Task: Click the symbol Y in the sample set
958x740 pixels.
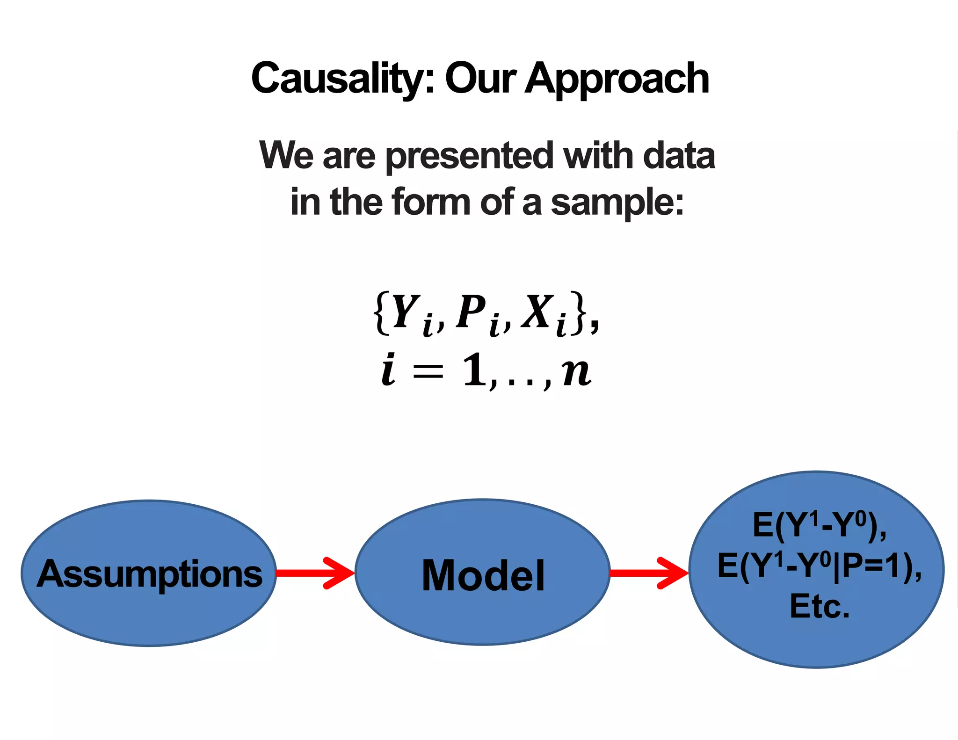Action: pos(405,311)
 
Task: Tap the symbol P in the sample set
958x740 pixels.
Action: pos(471,311)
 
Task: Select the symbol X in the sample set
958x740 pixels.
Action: pos(538,311)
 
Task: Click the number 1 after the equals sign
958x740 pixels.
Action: pos(475,370)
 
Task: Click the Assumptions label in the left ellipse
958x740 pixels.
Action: pos(150,573)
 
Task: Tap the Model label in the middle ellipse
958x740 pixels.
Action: pos(483,575)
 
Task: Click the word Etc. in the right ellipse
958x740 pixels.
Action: pos(820,607)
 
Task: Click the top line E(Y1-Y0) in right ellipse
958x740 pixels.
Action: pos(819,526)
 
